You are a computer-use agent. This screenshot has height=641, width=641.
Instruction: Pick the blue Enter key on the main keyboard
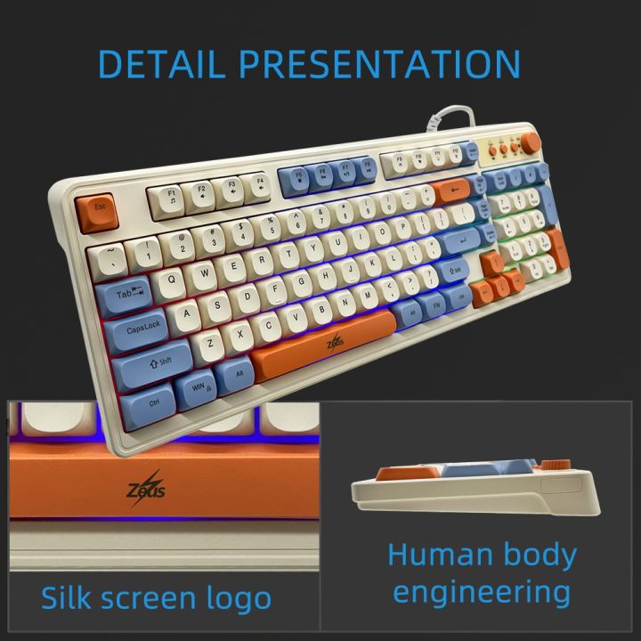462,239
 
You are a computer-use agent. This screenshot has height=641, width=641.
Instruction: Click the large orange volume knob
531,142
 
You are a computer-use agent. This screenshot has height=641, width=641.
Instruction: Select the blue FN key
437,305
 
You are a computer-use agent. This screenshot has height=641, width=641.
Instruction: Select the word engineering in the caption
482,591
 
